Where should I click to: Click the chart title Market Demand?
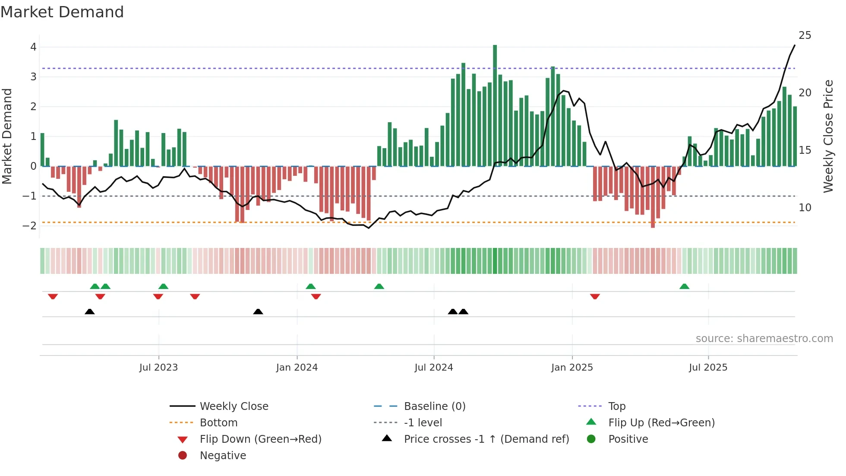point(62,12)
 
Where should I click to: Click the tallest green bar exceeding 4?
point(495,104)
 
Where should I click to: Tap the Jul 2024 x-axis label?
point(433,368)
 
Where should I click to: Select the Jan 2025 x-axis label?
point(572,368)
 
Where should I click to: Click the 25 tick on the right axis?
point(805,35)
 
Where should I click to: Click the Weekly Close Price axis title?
point(828,136)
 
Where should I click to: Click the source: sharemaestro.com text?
point(764,339)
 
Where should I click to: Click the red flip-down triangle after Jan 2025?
point(595,296)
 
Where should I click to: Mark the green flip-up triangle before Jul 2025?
point(684,286)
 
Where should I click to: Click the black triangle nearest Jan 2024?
point(258,311)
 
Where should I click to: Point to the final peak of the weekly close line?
point(795,45)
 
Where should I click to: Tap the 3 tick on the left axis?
point(33,77)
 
